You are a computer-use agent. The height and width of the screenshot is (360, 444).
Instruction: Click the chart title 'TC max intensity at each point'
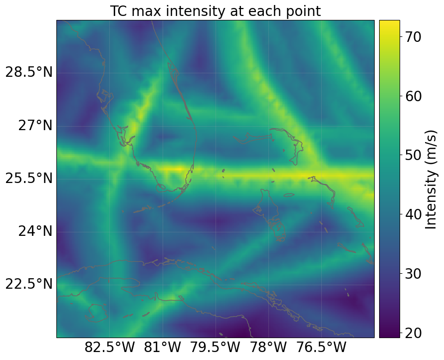[215, 10]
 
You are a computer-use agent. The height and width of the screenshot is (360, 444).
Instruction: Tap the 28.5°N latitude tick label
[28, 72]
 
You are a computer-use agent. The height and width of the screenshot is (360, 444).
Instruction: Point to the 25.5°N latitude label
[28, 178]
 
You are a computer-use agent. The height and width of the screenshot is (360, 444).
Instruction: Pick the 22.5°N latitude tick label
[28, 284]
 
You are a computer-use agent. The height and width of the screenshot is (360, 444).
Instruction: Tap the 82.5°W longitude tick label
[110, 348]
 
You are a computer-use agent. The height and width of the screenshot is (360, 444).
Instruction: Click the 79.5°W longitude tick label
[216, 348]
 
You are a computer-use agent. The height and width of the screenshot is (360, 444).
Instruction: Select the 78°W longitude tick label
[269, 348]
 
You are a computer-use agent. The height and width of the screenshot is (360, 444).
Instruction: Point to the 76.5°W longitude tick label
[322, 348]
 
